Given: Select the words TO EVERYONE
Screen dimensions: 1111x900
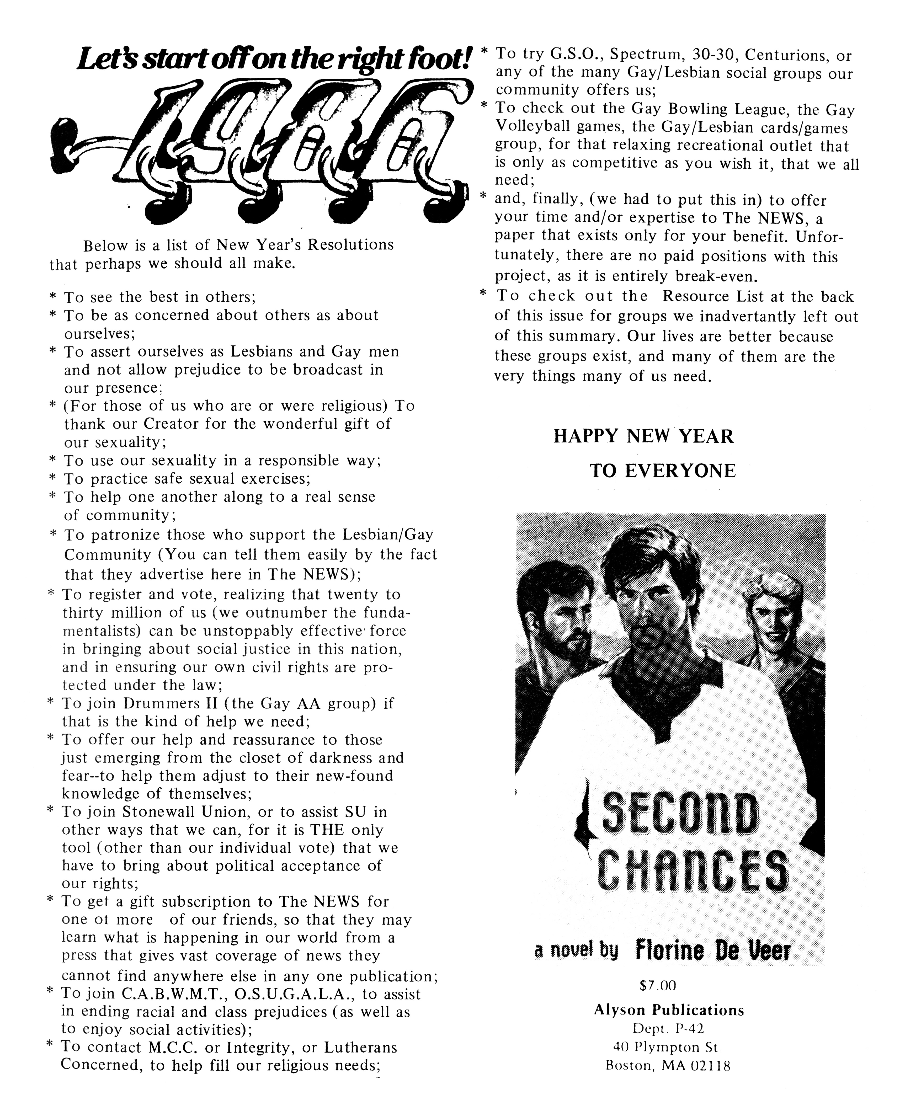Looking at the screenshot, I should pos(663,471).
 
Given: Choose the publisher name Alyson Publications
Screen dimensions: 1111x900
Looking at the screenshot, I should pos(669,1011).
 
